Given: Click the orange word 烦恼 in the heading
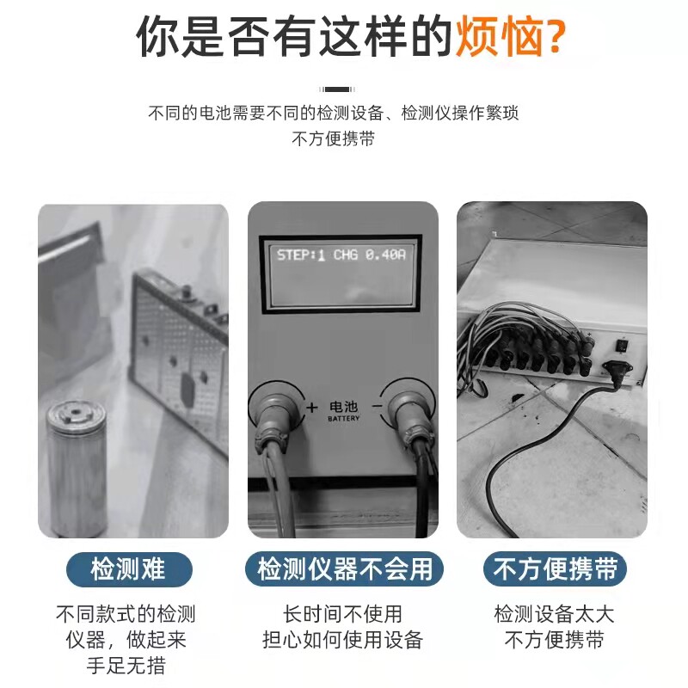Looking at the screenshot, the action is click(x=498, y=37).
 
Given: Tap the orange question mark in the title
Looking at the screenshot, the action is click(x=554, y=37).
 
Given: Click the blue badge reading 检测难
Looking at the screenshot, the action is click(x=129, y=569).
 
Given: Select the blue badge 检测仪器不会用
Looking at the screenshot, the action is click(x=345, y=569).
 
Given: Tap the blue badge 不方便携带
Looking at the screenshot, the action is click(x=555, y=569).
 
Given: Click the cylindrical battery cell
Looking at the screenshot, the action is click(x=77, y=467).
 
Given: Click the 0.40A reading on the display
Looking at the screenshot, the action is click(x=385, y=255).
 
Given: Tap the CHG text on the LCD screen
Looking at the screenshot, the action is click(x=346, y=255).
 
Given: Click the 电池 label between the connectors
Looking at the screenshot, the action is click(x=343, y=407).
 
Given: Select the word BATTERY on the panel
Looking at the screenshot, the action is click(x=343, y=419).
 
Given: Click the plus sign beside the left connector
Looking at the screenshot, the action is click(x=311, y=408).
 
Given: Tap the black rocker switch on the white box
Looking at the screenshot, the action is click(x=622, y=346).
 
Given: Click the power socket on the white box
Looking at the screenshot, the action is click(x=617, y=371).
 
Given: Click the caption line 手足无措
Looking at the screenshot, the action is click(x=126, y=666).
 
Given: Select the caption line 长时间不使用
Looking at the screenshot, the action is click(x=342, y=614).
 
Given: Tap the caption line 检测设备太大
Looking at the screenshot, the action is click(x=554, y=614).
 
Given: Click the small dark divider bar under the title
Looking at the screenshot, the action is click(x=337, y=89).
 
